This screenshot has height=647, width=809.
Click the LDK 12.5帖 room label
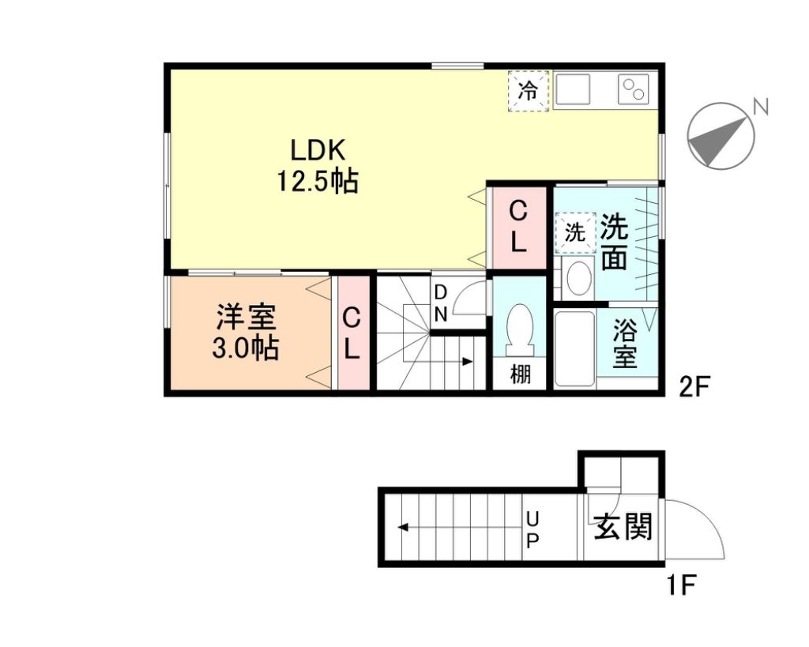[316, 166]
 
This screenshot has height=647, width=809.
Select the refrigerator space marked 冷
[527, 91]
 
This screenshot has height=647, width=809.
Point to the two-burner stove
[634, 88]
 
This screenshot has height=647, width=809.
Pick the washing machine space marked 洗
[575, 232]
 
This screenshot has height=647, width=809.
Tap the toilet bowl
[520, 328]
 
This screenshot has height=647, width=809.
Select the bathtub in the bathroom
[574, 348]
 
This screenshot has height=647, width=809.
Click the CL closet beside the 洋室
[352, 333]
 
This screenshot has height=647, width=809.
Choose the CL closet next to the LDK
[518, 226]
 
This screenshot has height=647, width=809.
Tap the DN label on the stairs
[441, 303]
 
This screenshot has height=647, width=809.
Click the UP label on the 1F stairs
[532, 529]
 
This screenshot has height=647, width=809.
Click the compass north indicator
[721, 137]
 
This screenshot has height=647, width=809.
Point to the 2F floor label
[696, 386]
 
